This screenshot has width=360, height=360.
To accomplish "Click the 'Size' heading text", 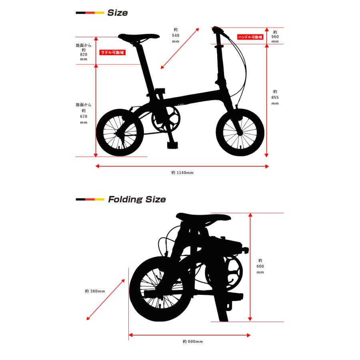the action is [117, 13].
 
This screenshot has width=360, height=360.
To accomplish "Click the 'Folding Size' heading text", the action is [137, 199].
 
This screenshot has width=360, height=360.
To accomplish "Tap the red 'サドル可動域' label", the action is [112, 52].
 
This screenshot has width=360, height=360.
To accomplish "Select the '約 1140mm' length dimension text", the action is [182, 173].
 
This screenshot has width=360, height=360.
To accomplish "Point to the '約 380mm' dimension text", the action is [95, 291].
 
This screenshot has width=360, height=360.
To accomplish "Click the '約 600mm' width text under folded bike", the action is [193, 342].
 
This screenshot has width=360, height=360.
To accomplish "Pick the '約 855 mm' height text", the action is [275, 97].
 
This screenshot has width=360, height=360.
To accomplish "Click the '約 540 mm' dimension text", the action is [176, 35].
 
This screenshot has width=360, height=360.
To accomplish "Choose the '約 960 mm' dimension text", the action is [275, 37].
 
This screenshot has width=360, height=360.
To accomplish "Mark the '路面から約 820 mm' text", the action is [84, 52].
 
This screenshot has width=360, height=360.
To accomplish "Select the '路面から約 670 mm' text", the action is [84, 113].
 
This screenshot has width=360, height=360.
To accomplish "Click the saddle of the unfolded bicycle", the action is [138, 36].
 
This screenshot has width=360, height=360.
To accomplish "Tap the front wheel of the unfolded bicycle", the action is [240, 132].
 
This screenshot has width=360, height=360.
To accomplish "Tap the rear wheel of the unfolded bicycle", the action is [120, 132].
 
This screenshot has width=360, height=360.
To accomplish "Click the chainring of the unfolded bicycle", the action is [166, 118].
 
